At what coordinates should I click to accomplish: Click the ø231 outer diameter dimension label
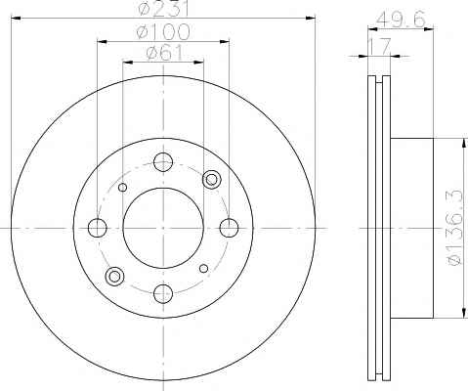pyautogui.click(x=164, y=8)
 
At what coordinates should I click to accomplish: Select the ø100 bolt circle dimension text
pyautogui.click(x=163, y=31)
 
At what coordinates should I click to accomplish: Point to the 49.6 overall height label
pyautogui.click(x=401, y=20)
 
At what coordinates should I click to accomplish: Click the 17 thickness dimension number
pyautogui.click(x=379, y=46)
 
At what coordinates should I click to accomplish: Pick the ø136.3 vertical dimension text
pyautogui.click(x=454, y=228)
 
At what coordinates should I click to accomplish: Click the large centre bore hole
pyautogui.click(x=163, y=228)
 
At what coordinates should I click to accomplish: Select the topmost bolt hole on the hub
pyautogui.click(x=163, y=162)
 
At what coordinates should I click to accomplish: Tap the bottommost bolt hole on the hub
pyautogui.click(x=163, y=293)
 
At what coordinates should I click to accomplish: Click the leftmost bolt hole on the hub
pyautogui.click(x=98, y=228)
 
